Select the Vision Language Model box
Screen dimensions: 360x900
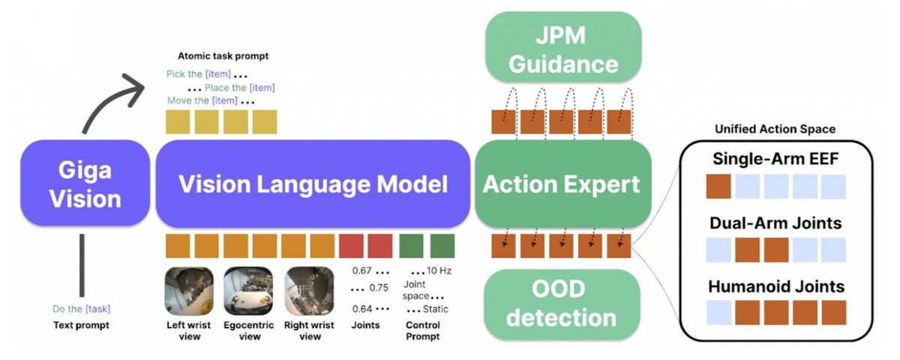click(x=313, y=184)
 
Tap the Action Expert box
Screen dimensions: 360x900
click(x=562, y=184)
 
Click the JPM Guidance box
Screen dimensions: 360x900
click(x=563, y=49)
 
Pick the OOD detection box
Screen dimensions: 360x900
click(x=561, y=304)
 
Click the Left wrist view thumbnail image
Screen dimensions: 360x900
click(x=188, y=291)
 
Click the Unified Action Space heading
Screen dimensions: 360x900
click(x=775, y=129)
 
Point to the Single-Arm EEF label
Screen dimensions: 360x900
click(x=775, y=160)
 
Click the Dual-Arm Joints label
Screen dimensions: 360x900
click(x=775, y=223)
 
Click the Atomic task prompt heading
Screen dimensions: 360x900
click(x=223, y=55)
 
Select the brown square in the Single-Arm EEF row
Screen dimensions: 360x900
click(x=718, y=187)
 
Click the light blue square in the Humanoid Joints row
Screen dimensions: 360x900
click(x=718, y=312)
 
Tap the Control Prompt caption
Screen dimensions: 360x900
click(x=423, y=331)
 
